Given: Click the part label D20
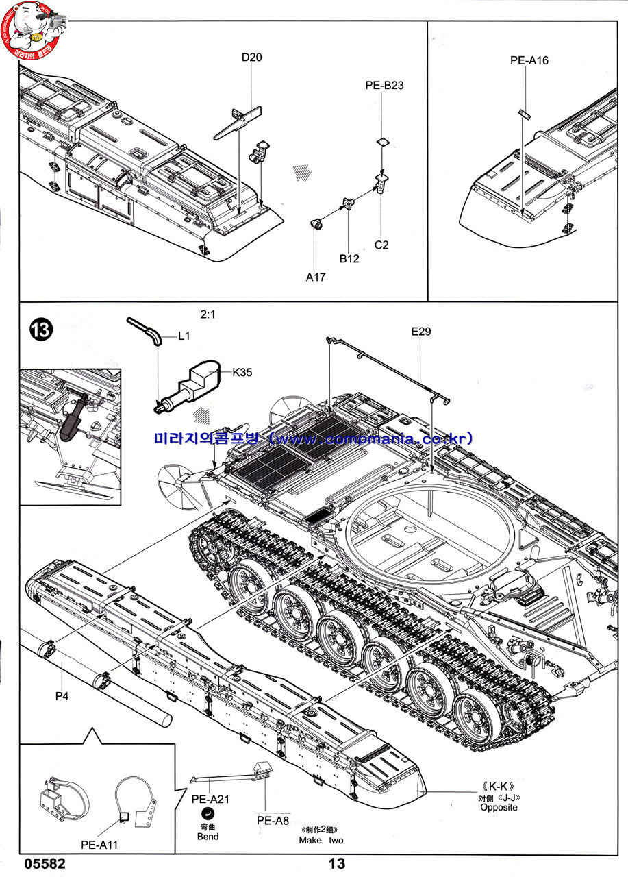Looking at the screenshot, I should (x=251, y=58).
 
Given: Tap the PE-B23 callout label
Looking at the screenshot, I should (x=384, y=86).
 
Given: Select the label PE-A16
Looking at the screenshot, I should (x=529, y=60).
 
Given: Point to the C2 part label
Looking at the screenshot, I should (x=381, y=245).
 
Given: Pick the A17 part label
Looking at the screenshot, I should (x=316, y=277).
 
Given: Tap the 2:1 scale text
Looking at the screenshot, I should (x=208, y=315).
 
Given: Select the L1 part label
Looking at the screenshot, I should (x=184, y=336).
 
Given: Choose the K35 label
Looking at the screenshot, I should (x=242, y=373).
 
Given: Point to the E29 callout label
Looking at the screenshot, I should (x=421, y=332).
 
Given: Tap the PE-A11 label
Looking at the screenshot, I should (x=99, y=845).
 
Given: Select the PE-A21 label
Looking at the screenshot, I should (x=210, y=799).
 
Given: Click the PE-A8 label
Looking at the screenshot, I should (x=273, y=821).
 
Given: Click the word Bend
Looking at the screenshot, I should (x=208, y=836).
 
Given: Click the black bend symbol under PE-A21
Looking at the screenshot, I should (x=208, y=813).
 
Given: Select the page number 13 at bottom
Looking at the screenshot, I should (x=337, y=864).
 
